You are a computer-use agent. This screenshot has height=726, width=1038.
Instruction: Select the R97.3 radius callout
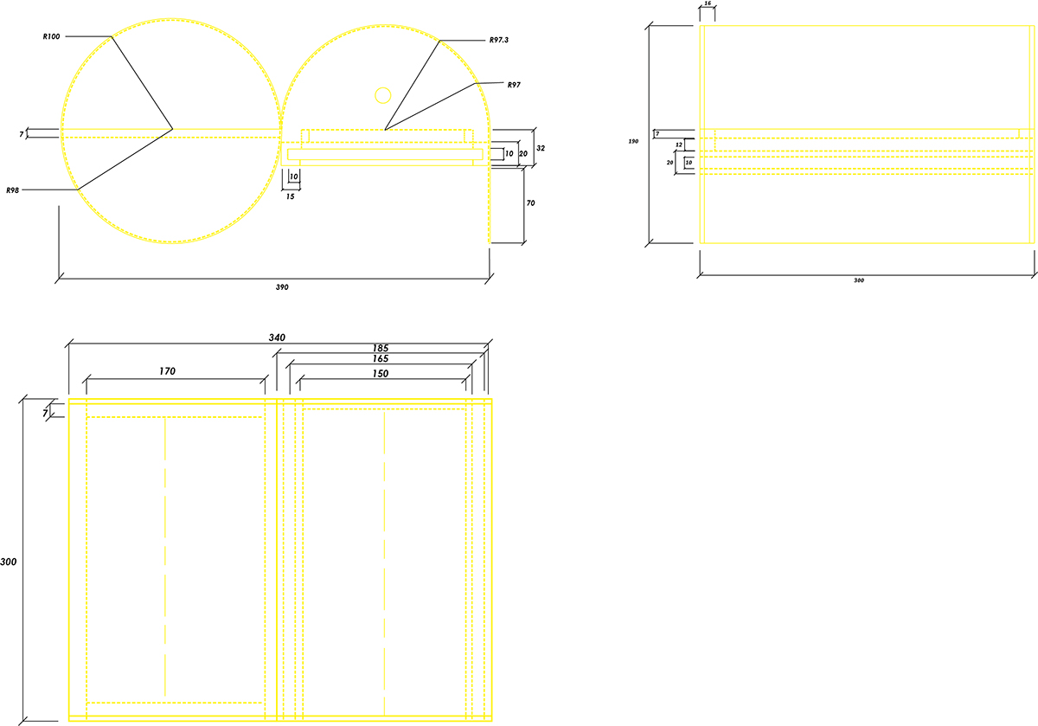click(502, 41)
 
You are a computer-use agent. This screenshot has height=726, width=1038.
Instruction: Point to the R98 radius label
click(12, 190)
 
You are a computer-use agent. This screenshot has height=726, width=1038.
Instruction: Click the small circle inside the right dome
click(382, 94)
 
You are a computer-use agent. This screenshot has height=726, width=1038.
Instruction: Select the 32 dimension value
click(541, 148)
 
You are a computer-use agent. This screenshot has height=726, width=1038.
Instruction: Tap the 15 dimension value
click(290, 196)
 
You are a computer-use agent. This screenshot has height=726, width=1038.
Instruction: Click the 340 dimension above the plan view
click(277, 337)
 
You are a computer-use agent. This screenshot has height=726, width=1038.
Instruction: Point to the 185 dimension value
click(381, 349)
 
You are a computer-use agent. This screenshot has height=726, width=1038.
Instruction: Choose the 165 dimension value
click(381, 359)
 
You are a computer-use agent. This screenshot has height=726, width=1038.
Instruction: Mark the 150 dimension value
click(381, 373)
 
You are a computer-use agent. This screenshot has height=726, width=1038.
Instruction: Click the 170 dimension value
click(167, 371)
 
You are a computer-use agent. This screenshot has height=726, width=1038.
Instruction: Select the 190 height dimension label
click(634, 140)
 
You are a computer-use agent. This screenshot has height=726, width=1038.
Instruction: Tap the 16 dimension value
click(707, 5)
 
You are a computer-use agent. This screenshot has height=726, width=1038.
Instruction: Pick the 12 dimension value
click(679, 145)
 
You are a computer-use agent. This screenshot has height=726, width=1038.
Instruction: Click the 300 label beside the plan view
click(9, 562)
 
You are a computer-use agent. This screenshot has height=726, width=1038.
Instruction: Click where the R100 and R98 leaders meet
click(172, 130)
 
